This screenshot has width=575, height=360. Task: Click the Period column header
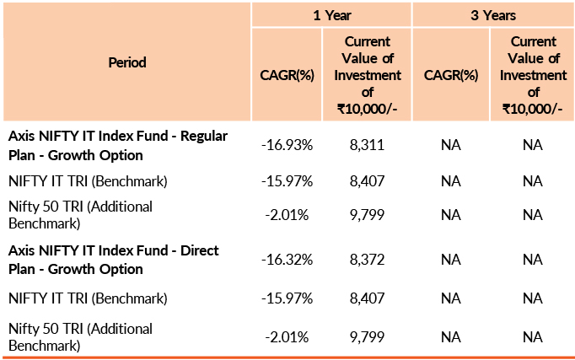pyautogui.click(x=127, y=62)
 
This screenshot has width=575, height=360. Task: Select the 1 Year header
pyautogui.click(x=330, y=15)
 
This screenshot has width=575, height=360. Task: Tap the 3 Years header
pyautogui.click(x=493, y=15)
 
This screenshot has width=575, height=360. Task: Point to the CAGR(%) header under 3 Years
pyautogui.click(x=451, y=75)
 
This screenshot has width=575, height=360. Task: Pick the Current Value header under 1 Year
pyautogui.click(x=367, y=74)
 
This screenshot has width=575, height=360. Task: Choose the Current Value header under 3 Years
pyautogui.click(x=532, y=74)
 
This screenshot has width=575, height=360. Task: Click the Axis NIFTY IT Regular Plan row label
pyautogui.click(x=118, y=145)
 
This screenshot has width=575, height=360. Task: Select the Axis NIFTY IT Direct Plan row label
pyautogui.click(x=113, y=260)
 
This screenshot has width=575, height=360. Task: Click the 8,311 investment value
pyautogui.click(x=367, y=145)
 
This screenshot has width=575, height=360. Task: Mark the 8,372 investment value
pyautogui.click(x=367, y=261)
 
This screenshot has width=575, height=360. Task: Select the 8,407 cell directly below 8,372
pyautogui.click(x=367, y=298)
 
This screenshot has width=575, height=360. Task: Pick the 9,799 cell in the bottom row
pyautogui.click(x=367, y=336)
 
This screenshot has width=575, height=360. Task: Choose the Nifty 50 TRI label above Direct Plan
pyautogui.click(x=80, y=214)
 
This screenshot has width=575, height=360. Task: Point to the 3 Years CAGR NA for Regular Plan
pyautogui.click(x=451, y=145)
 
